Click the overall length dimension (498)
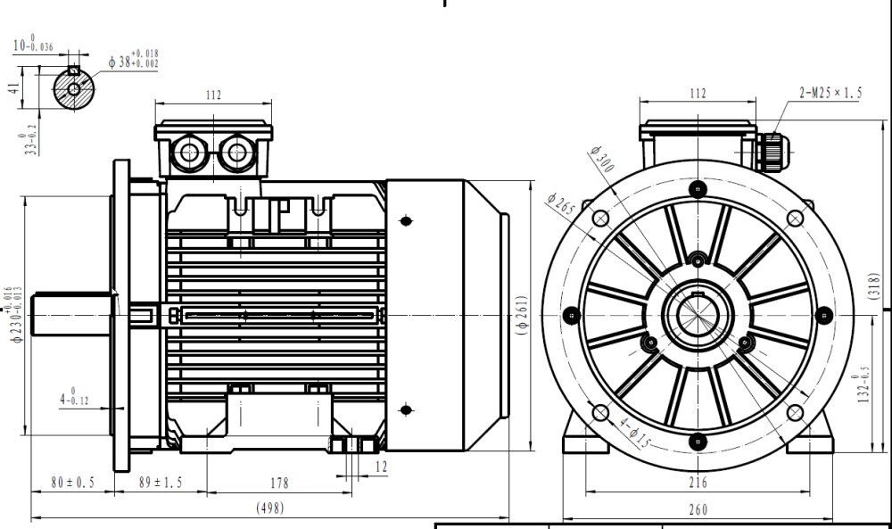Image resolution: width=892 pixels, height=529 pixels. pos(270,508)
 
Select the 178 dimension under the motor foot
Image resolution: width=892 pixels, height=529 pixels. pos(278,483)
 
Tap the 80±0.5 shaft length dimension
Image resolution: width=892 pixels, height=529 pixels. pos(72,483)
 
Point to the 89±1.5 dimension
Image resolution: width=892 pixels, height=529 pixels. pos(161,483)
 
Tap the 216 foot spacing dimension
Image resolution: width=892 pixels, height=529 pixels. pos(698,483)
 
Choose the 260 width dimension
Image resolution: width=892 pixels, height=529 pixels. pos(698,509)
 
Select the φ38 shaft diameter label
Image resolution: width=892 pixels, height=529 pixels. pos(134,61)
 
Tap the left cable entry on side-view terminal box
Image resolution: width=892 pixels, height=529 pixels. pos(190,153)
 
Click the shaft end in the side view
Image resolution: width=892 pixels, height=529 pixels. pos(71,318)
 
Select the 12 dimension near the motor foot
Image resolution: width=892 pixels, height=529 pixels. pos(381,467)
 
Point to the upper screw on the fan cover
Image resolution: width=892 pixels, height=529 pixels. pos(406,220)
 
